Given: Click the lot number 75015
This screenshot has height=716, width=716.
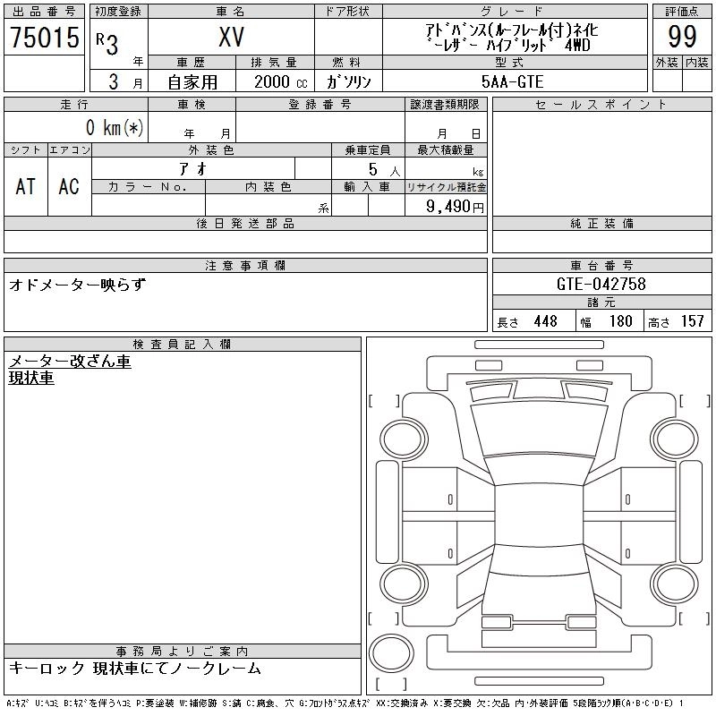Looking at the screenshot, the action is point(45,37).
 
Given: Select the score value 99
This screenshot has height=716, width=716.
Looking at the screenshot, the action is point(682,37).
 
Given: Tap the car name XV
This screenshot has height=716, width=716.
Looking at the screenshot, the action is point(232,37).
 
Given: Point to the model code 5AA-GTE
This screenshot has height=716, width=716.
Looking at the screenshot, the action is point(512,81).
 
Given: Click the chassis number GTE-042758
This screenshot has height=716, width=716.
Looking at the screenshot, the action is point(601,284).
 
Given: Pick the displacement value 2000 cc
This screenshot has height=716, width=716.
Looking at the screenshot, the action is point(281,81).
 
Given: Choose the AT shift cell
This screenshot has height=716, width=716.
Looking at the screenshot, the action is point(26,186).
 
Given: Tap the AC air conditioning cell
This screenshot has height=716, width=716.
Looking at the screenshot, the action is point(69,186).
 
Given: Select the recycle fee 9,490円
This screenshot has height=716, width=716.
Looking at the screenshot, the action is point(455,206).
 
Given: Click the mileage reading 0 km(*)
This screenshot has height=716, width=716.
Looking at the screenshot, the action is point(115,127).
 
